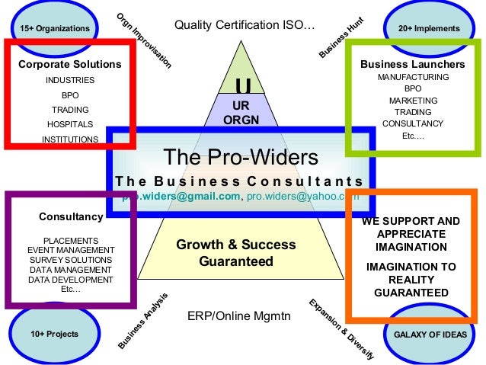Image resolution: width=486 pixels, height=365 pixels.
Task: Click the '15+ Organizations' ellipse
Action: [50, 28]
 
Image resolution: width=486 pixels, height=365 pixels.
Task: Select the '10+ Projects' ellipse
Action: [54, 334]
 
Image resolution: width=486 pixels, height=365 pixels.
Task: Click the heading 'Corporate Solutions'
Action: [70, 64]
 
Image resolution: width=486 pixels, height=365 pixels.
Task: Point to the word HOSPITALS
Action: [70, 124]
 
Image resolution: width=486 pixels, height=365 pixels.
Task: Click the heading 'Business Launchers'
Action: [412, 64]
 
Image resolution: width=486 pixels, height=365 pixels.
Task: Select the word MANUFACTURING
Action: [413, 78]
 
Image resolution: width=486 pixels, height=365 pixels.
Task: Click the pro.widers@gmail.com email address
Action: [181, 197]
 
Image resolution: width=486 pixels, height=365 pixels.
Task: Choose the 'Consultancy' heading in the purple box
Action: [71, 217]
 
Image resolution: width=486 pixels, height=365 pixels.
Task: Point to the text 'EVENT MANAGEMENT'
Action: [70, 250]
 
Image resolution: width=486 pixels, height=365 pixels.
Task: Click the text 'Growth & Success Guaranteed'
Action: [236, 253]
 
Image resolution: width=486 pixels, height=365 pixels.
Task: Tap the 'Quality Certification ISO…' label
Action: [245, 25]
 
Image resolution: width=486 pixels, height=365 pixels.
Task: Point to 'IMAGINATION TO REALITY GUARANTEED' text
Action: [411, 280]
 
